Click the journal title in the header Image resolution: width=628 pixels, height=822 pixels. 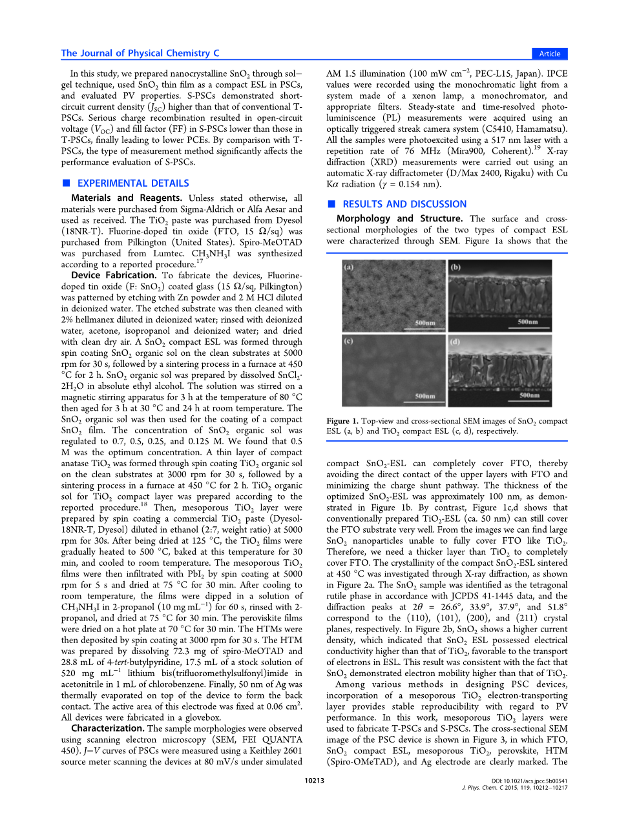click(140, 54)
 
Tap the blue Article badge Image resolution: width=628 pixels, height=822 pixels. click(550, 54)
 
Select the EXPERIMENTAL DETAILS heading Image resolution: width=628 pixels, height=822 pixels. click(133, 183)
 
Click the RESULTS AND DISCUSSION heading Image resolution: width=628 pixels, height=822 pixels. click(404, 204)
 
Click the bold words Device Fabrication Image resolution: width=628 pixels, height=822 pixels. click(114, 275)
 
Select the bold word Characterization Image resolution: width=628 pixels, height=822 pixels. click(107, 728)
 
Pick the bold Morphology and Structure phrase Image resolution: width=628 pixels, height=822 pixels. click(399, 219)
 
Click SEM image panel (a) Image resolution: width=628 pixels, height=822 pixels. click(393, 296)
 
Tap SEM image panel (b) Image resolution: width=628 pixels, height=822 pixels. click(499, 296)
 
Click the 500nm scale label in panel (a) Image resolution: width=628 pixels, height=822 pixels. click(424, 322)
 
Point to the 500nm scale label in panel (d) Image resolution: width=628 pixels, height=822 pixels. click(529, 395)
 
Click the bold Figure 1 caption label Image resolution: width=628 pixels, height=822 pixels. click(342, 421)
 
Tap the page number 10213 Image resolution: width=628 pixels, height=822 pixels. click(315, 781)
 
